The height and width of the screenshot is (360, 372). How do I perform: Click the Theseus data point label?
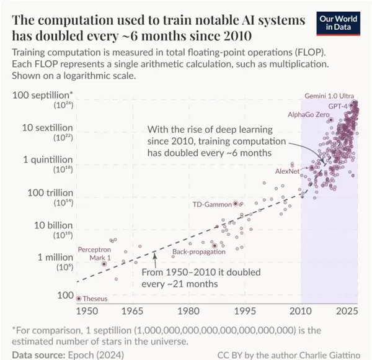(x=95, y=299)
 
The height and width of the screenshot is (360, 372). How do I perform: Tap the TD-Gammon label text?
(x=211, y=204)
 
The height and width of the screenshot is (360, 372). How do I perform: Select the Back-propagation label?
(x=197, y=251)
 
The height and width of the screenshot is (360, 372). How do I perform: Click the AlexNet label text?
(x=287, y=171)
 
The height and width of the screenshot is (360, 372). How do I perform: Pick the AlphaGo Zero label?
(x=308, y=115)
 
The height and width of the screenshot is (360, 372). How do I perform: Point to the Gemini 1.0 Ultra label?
(x=329, y=96)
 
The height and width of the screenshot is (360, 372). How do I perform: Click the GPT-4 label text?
(x=338, y=106)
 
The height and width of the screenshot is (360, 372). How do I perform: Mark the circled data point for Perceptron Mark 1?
(x=104, y=263)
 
